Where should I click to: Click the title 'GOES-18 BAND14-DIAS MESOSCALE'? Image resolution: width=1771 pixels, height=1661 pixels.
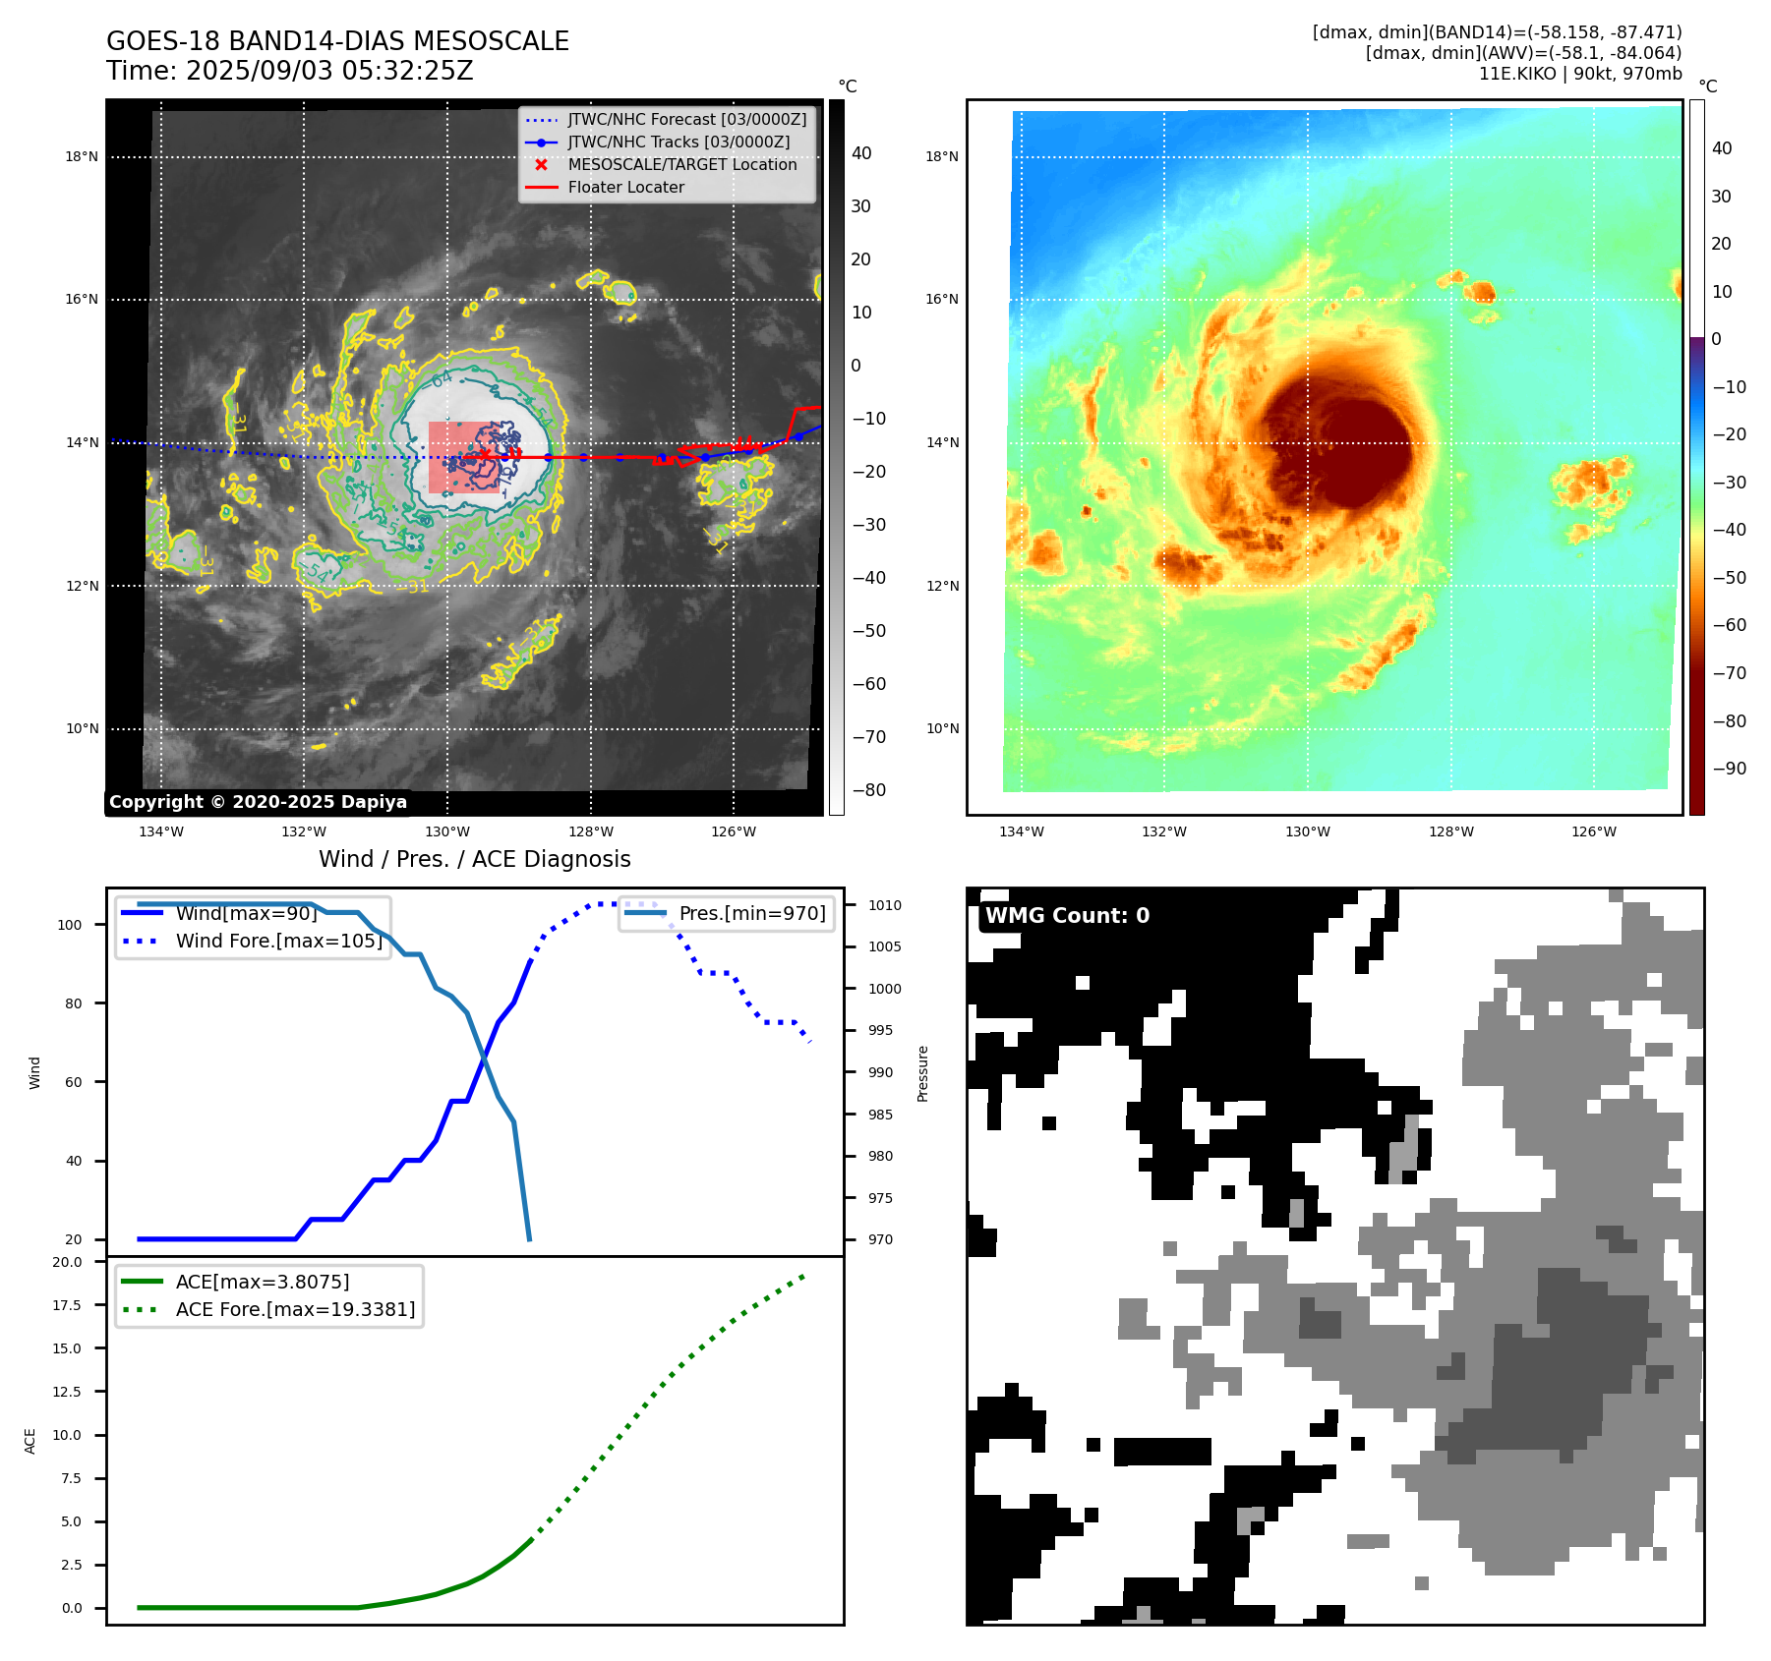(337, 41)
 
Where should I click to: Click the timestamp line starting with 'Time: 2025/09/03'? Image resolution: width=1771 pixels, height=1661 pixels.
(290, 71)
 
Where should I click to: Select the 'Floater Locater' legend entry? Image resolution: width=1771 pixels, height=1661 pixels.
(625, 187)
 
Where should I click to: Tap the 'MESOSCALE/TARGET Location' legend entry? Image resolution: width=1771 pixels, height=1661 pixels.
(681, 164)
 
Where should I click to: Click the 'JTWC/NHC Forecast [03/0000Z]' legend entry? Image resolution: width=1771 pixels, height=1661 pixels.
(686, 119)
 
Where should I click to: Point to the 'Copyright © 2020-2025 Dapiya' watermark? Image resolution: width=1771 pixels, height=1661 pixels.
(258, 802)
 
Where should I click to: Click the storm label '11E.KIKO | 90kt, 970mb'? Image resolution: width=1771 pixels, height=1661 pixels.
(1579, 74)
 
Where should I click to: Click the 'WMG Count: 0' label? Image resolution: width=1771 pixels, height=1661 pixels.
(1067, 916)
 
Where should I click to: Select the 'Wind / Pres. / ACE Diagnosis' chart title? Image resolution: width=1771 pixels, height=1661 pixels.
(474, 859)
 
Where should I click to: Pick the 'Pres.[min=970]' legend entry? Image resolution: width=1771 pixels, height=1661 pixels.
(752, 913)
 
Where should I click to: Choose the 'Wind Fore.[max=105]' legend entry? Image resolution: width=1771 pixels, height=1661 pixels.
(278, 941)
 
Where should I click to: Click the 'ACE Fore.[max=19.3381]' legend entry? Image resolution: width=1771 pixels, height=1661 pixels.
(295, 1309)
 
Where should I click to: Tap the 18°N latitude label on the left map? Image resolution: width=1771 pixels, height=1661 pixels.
(82, 156)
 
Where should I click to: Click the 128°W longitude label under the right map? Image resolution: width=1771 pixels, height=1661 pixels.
(1450, 831)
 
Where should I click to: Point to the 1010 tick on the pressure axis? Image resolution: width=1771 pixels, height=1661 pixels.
(884, 905)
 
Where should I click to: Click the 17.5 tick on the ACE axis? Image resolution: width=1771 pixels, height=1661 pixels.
(67, 1305)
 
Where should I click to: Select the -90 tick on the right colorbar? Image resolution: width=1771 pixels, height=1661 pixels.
(1729, 769)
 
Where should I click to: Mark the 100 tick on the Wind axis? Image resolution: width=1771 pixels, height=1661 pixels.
(70, 925)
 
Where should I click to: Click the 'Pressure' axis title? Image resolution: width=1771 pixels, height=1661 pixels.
(922, 1073)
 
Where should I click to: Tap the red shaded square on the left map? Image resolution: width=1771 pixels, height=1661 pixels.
(462, 457)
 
